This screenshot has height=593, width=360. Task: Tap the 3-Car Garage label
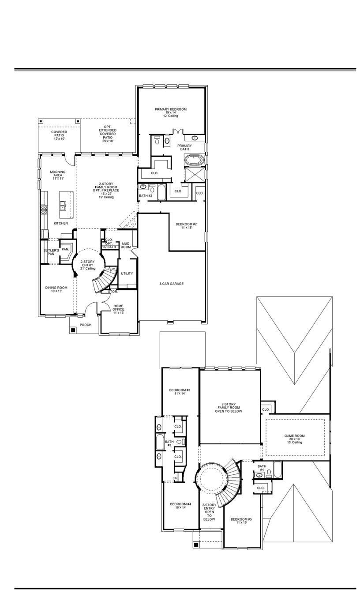coord(171,284)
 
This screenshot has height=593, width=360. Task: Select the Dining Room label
coord(56,289)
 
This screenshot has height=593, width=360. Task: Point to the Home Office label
coord(118,309)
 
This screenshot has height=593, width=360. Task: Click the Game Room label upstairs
coord(294,439)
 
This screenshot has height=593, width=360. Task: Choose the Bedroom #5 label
coord(242,521)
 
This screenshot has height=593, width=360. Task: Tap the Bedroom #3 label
coord(180,392)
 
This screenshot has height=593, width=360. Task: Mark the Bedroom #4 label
coord(180,506)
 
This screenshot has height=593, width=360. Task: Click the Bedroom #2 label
coord(186,226)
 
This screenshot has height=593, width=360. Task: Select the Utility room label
coord(127,274)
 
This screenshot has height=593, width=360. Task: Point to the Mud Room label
coord(126,245)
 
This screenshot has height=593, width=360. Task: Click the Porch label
coord(86,325)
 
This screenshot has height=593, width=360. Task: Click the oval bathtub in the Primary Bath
coord(194,160)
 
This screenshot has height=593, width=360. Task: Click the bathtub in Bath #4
coord(277,469)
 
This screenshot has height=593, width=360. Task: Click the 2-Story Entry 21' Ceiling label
coord(88,265)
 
